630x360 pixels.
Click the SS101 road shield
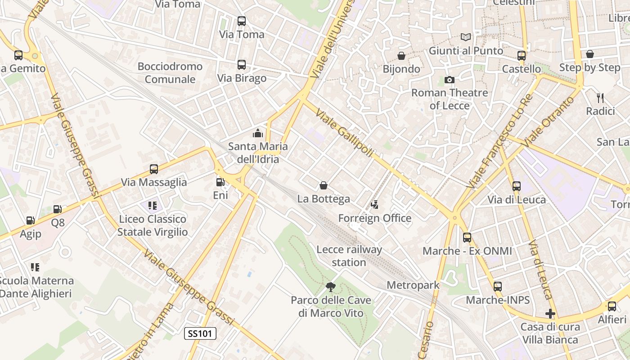[201, 333]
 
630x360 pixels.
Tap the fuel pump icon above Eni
[220, 182]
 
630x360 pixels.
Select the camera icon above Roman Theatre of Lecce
[449, 80]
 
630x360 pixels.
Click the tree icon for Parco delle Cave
[331, 287]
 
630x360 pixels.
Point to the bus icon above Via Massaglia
[154, 169]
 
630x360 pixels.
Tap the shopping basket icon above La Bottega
[323, 185]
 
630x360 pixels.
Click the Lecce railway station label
[349, 256]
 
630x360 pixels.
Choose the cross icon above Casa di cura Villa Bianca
[550, 314]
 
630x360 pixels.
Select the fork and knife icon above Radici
[600, 98]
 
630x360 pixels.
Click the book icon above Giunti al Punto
[466, 37]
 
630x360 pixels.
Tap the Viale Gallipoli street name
[345, 133]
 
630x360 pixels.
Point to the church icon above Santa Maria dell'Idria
[258, 133]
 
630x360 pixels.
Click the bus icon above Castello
[522, 56]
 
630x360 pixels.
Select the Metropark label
[413, 285]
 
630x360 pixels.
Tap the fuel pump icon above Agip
[30, 220]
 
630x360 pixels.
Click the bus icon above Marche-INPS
[497, 287]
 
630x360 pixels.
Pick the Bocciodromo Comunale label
[170, 73]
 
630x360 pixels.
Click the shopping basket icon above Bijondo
[401, 56]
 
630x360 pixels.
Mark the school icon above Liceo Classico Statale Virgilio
[152, 206]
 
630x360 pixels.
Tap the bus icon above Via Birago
[242, 65]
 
